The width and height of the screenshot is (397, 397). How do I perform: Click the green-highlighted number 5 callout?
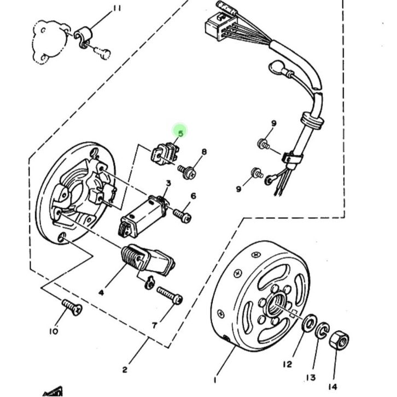[x=180, y=133]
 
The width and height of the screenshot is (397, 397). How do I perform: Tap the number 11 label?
[x=116, y=9]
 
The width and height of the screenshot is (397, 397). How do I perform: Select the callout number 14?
[x=332, y=387]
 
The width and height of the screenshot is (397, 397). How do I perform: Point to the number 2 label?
[x=125, y=370]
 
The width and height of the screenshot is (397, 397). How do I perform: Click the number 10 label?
[x=54, y=331]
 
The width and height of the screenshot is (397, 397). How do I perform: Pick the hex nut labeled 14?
[x=339, y=341]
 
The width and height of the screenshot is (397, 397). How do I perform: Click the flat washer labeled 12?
[x=309, y=323]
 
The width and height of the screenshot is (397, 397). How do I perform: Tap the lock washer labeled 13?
[x=322, y=330]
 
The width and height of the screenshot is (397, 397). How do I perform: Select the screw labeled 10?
[x=72, y=307]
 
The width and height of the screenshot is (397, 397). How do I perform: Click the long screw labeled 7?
[x=170, y=295]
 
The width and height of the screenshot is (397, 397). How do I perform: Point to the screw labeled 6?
[x=182, y=216]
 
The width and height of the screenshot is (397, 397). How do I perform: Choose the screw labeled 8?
[x=187, y=172]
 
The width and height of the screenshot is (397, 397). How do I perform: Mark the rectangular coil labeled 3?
[x=143, y=217]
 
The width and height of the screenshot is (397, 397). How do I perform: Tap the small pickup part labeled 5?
[x=165, y=154]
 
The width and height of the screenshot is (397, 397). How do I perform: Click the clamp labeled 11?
[x=83, y=37]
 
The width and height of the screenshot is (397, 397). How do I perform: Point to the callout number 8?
[x=204, y=152]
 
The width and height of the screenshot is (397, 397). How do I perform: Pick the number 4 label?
[x=101, y=293]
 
